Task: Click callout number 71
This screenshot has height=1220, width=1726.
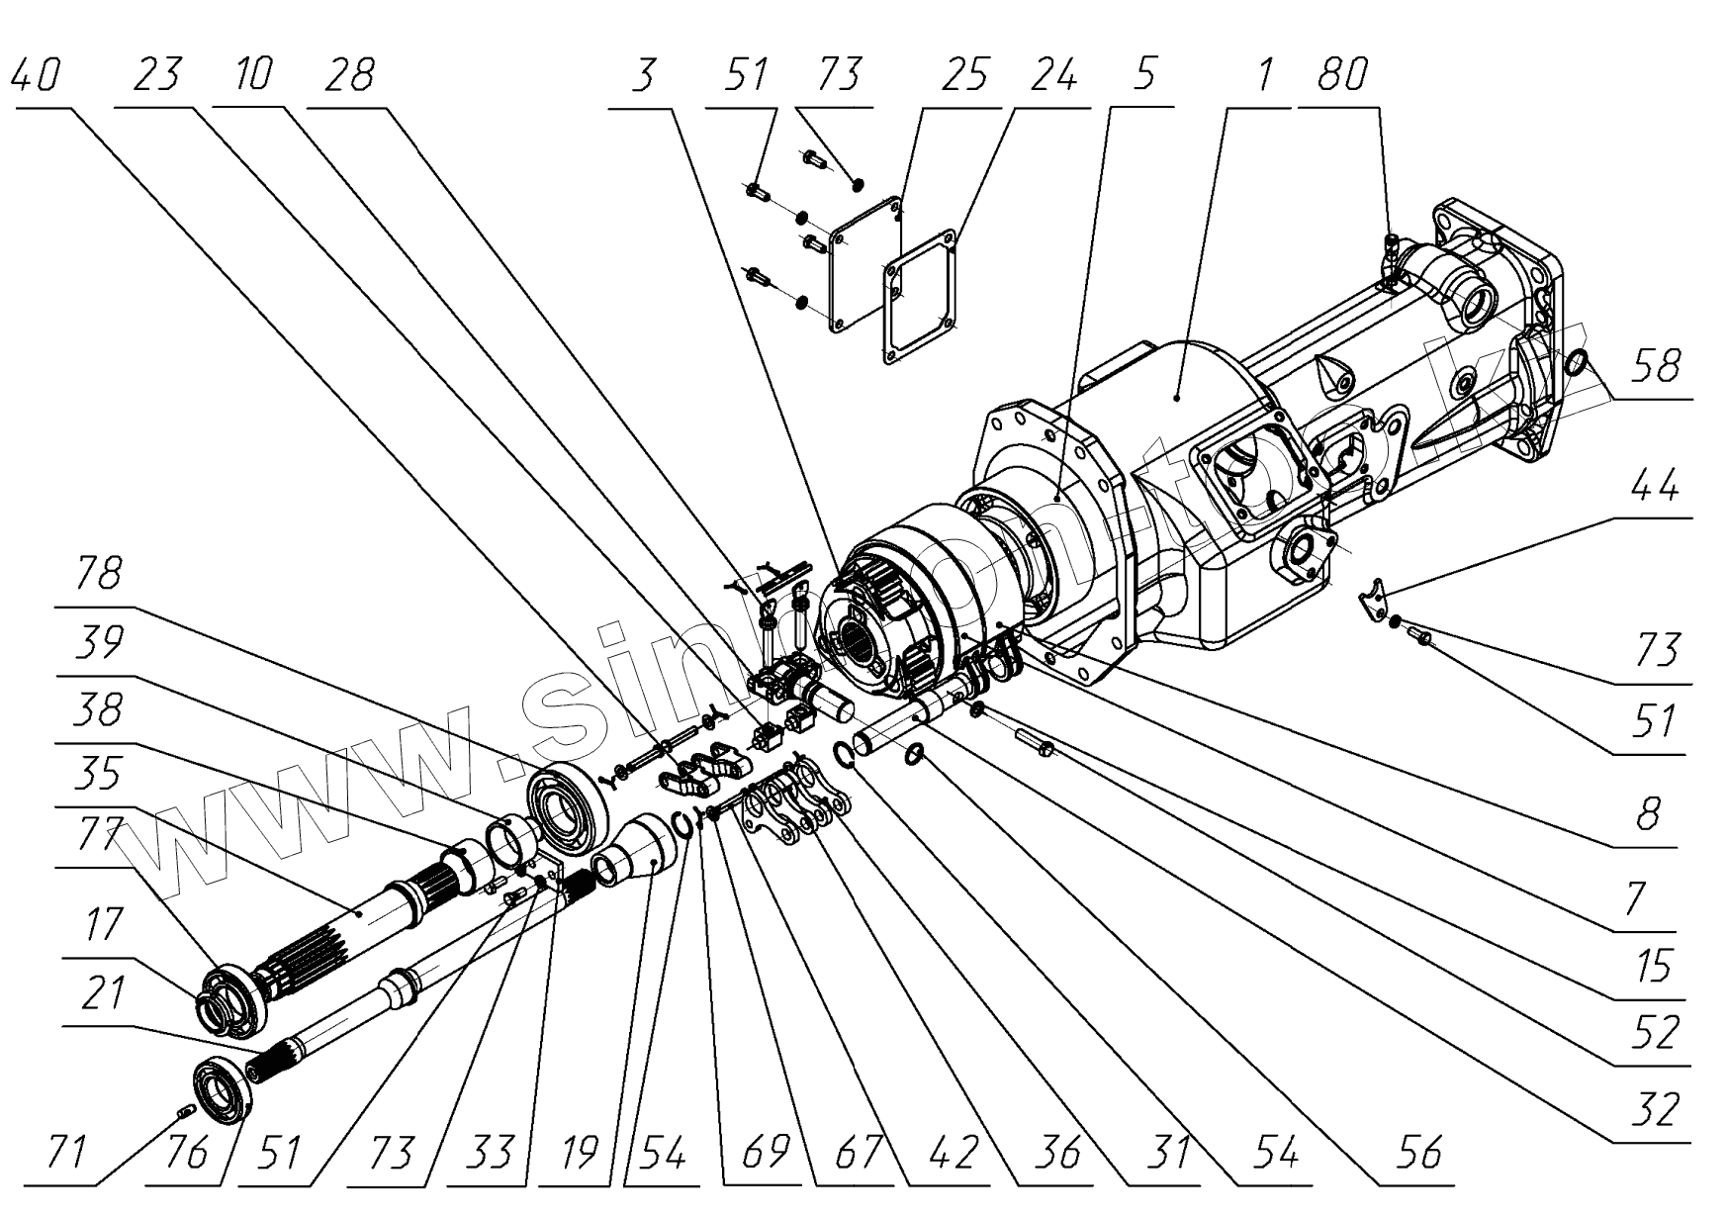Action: pyautogui.click(x=67, y=1153)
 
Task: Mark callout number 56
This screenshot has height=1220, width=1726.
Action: pyautogui.click(x=1419, y=1153)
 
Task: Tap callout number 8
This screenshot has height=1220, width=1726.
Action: pyautogui.click(x=1647, y=816)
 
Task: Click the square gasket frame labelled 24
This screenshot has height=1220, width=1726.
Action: pyautogui.click(x=921, y=301)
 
